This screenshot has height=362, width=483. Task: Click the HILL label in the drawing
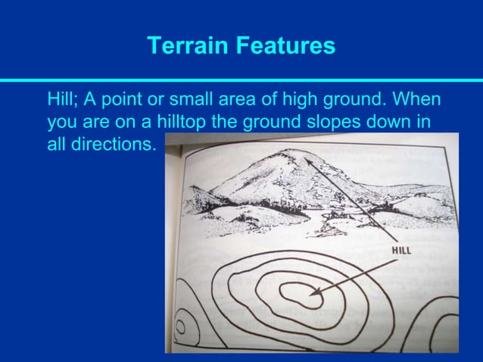tap(401, 251)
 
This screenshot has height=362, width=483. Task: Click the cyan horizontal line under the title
tap(241, 80)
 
